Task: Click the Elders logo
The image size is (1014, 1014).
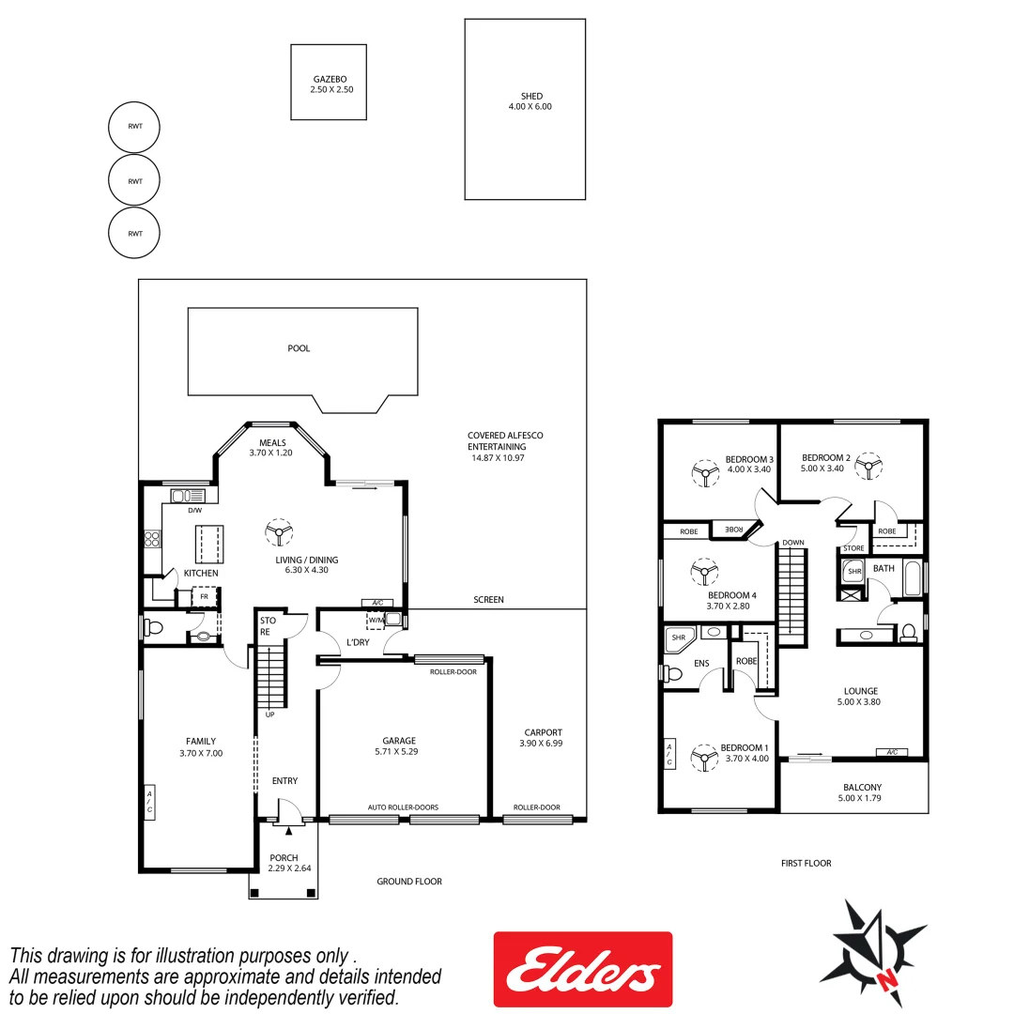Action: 582,969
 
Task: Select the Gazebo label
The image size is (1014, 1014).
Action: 328,79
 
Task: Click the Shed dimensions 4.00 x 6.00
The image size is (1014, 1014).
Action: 524,107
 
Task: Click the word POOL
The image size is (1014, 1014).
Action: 299,348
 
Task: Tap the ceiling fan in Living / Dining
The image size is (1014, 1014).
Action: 278,532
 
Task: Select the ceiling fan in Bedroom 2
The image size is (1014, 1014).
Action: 870,467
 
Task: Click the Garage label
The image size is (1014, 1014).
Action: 399,741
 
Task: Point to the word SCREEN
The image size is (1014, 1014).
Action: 488,599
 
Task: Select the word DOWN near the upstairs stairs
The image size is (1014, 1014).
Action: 792,543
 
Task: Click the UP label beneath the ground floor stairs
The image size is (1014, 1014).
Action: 270,714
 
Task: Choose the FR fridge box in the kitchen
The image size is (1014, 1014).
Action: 204,596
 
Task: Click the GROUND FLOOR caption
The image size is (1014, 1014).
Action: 409,882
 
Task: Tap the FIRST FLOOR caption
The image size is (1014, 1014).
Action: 806,863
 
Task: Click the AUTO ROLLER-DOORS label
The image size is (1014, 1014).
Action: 403,807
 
